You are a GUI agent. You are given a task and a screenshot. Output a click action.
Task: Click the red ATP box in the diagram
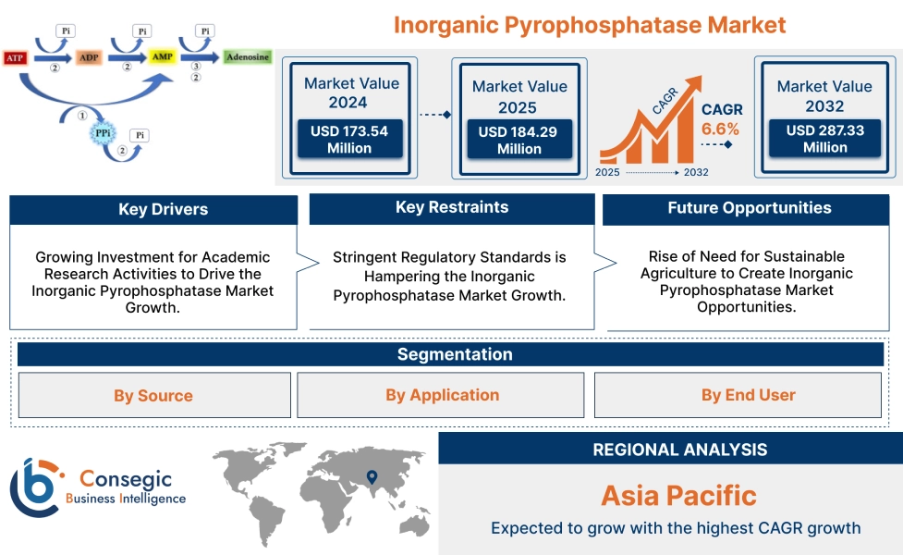(x=14, y=58)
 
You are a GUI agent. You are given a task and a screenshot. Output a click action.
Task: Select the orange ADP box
(x=89, y=58)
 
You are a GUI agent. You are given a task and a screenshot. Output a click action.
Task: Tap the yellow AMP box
(x=162, y=57)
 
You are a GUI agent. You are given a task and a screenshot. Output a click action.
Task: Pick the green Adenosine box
(x=248, y=57)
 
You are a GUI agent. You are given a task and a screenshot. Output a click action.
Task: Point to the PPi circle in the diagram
(x=104, y=134)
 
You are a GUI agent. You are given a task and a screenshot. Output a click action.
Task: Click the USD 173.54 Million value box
(x=349, y=140)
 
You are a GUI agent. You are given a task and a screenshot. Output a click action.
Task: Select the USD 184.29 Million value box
(x=519, y=141)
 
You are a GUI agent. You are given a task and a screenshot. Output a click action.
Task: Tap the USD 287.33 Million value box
(x=824, y=139)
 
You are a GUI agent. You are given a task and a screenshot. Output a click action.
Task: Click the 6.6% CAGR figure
(x=721, y=129)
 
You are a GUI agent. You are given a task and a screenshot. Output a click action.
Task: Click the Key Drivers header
(x=153, y=210)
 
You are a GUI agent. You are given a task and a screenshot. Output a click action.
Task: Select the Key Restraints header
(x=452, y=208)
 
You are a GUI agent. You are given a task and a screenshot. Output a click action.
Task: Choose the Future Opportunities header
(x=749, y=209)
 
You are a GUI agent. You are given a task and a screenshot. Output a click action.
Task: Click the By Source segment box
(x=153, y=396)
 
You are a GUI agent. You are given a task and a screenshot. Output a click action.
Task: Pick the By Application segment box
(x=442, y=395)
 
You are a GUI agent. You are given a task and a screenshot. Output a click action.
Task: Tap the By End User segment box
(x=748, y=395)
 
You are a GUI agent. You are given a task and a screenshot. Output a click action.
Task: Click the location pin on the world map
(x=372, y=477)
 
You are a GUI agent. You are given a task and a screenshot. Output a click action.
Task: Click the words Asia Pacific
(x=678, y=496)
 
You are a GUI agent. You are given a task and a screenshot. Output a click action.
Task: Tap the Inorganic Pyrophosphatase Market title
(x=590, y=25)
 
